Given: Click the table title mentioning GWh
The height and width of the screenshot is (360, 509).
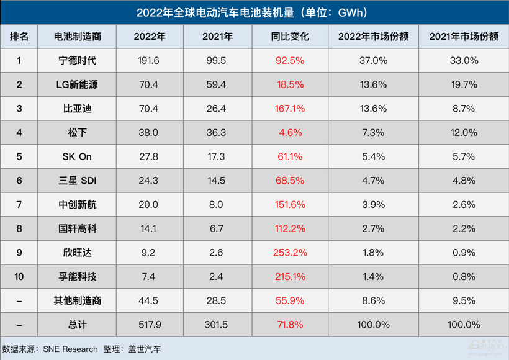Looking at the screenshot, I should point(254,12).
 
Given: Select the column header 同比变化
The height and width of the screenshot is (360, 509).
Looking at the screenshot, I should point(290,37).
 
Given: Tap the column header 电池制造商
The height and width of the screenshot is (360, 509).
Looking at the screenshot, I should point(76,37).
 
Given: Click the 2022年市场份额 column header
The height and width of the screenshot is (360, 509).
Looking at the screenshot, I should point(372,37).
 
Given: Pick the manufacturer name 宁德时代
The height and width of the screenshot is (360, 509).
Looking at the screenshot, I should point(76,61).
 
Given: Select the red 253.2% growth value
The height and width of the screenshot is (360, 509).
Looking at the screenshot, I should point(290,253).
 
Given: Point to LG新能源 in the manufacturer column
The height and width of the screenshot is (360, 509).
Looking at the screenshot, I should point(76,85).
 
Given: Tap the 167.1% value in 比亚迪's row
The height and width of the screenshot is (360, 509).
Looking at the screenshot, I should point(290,109).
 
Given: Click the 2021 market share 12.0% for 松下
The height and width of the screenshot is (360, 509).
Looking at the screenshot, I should point(463,133).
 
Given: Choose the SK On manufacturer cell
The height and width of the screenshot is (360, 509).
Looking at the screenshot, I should point(76,156).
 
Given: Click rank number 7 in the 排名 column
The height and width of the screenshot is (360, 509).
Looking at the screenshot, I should point(19,205).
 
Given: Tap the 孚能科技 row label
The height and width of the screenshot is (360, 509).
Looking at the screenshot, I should point(76,277).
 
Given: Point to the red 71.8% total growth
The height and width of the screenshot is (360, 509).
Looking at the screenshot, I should point(290,325).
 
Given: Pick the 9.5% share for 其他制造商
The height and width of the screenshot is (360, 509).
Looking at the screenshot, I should point(463,300).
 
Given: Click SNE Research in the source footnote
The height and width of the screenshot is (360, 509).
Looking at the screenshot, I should point(70,349).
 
